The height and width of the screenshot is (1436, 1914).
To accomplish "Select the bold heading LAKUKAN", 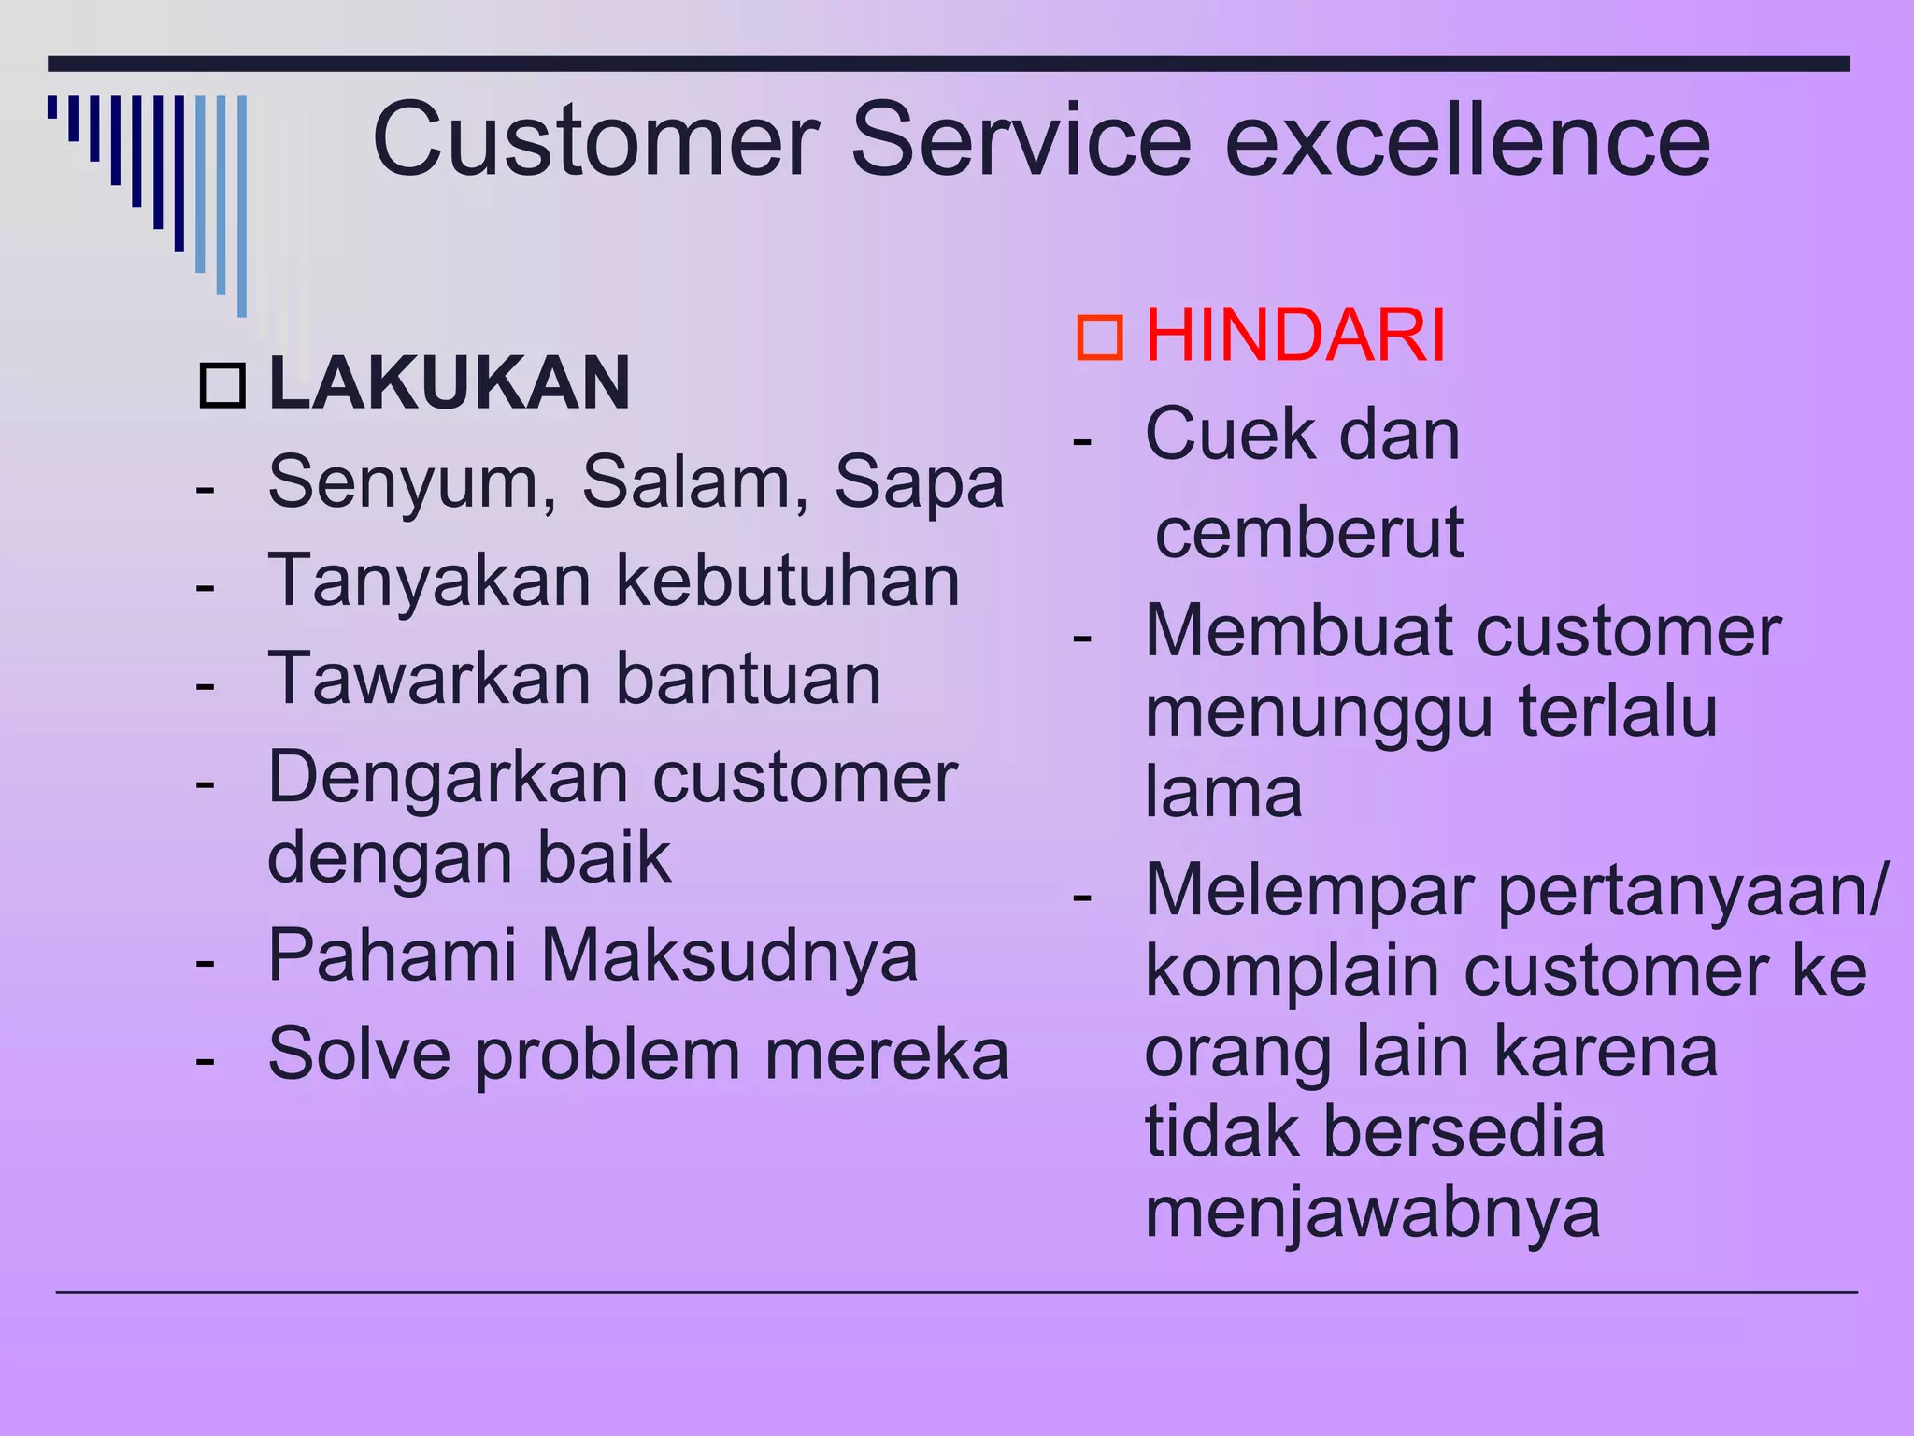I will pyautogui.click(x=449, y=383).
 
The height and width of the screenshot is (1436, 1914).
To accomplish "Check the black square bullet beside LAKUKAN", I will pyautogui.click(x=222, y=385).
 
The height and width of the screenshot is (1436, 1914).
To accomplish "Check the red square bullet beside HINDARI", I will pyautogui.click(x=1099, y=337).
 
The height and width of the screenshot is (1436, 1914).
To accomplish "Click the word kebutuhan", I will pyautogui.click(x=788, y=582).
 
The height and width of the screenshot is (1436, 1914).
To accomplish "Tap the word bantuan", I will pyautogui.click(x=748, y=679).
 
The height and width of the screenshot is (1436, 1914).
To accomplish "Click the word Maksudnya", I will pyautogui.click(x=729, y=956).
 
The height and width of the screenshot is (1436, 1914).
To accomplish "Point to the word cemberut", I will pyautogui.click(x=1308, y=533).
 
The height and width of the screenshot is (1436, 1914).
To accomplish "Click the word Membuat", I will pyautogui.click(x=1298, y=632).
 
